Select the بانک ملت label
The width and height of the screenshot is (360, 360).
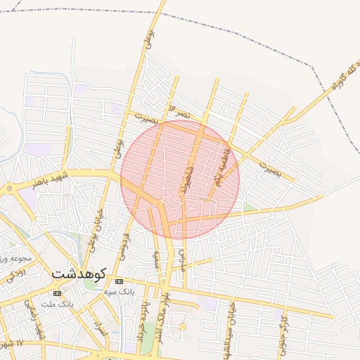coord(58,304)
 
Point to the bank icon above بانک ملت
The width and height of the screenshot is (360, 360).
coord(57,293)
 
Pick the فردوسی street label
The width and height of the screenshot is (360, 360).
coord(126,243)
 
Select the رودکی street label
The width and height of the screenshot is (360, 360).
coord(17,274)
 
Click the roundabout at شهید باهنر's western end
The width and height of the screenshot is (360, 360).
coord(9,188)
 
